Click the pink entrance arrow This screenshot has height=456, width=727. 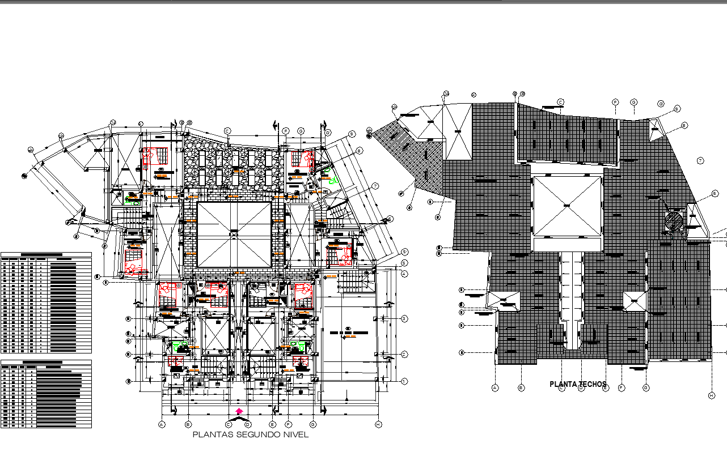(x=239, y=411)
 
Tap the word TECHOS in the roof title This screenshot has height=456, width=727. (x=593, y=385)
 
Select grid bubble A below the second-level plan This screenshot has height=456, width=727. (x=162, y=424)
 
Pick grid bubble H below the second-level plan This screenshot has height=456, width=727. (x=378, y=424)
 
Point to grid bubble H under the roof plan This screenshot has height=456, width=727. (x=711, y=395)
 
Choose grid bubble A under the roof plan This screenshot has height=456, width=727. (x=495, y=388)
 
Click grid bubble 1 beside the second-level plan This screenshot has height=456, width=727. (x=404, y=381)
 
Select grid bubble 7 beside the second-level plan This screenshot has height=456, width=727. (x=375, y=186)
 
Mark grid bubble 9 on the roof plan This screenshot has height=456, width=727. (x=677, y=108)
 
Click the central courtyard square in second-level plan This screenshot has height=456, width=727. (x=234, y=235)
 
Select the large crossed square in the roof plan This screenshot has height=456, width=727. (x=567, y=206)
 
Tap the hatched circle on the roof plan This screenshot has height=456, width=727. (x=674, y=221)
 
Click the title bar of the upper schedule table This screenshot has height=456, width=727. (x=46, y=255)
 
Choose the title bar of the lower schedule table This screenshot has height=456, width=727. (x=46, y=362)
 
